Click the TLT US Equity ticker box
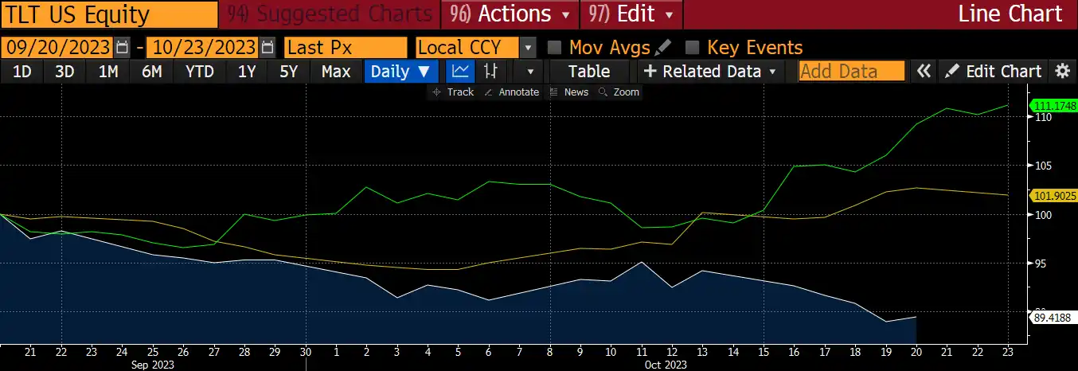[x=109, y=14]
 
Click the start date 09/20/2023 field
[x=58, y=47]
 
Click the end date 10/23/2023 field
[x=203, y=47]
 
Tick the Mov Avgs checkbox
[x=556, y=47]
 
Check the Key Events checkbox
[x=693, y=47]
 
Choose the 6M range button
[x=151, y=72]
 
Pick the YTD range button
[x=199, y=72]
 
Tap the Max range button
[x=336, y=72]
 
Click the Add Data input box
[x=851, y=72]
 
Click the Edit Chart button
[x=994, y=72]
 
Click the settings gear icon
[x=1062, y=72]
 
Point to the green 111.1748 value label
[x=1053, y=105]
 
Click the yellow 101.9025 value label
[x=1053, y=195]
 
